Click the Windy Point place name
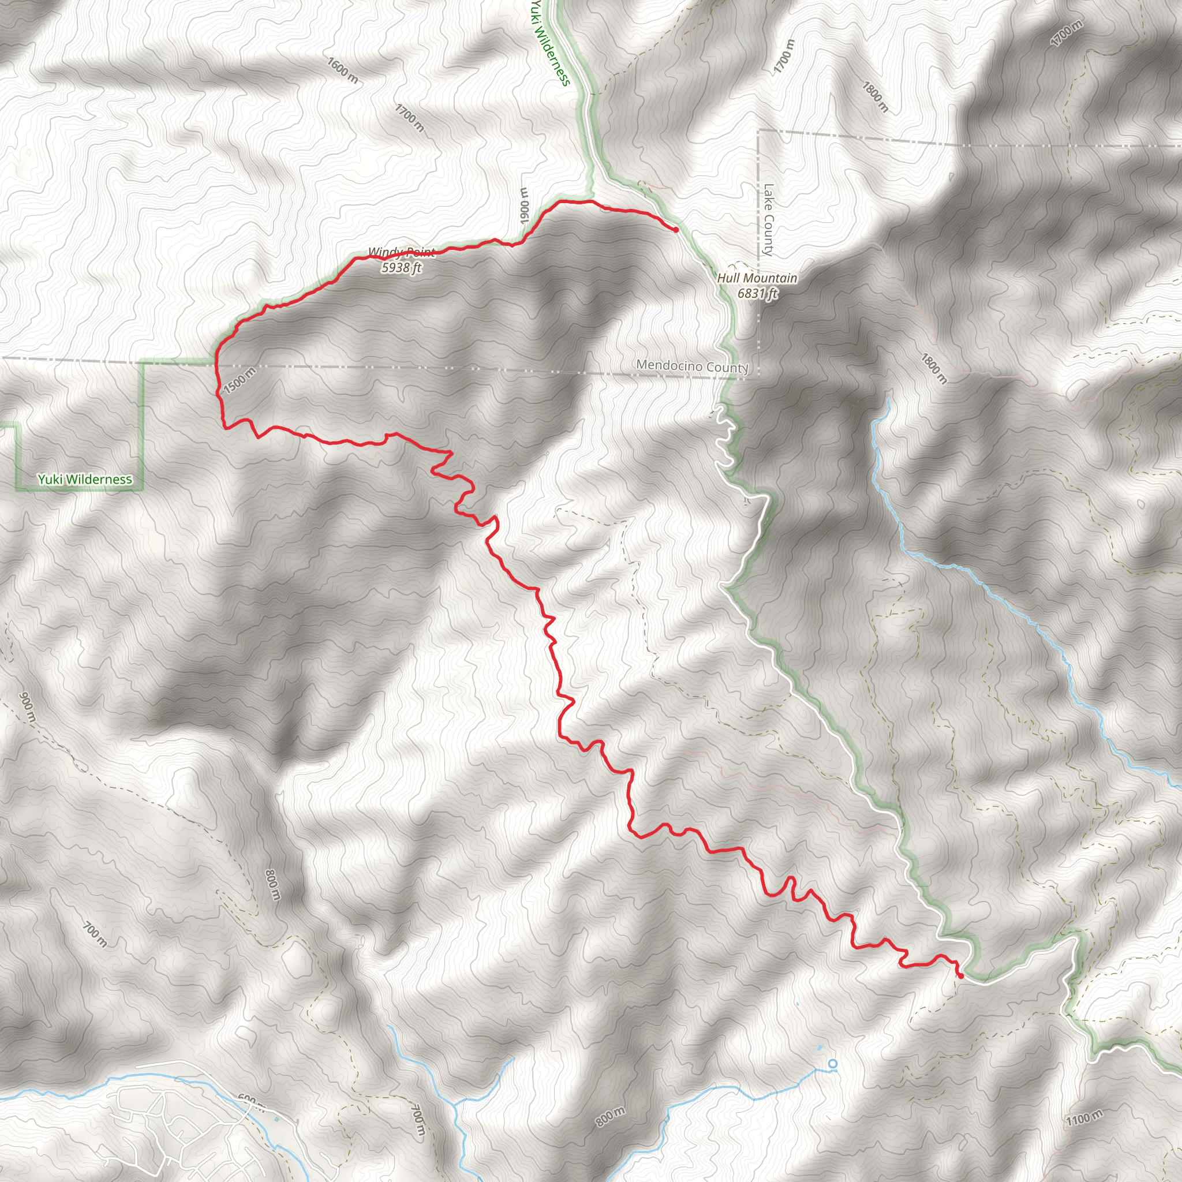click(x=401, y=252)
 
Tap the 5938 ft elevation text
click(x=401, y=267)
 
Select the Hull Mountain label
click(x=757, y=278)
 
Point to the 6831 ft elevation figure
click(x=757, y=294)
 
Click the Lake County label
click(x=768, y=220)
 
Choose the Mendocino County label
click(x=692, y=366)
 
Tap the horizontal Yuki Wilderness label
click(x=85, y=480)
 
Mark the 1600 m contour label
click(x=343, y=70)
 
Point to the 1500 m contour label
click(x=239, y=381)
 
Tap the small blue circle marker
click(x=832, y=1064)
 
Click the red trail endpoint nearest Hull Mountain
click(x=675, y=230)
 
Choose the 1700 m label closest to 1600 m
click(x=409, y=118)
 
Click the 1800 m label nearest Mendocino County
click(x=934, y=369)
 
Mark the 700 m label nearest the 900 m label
click(x=95, y=935)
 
